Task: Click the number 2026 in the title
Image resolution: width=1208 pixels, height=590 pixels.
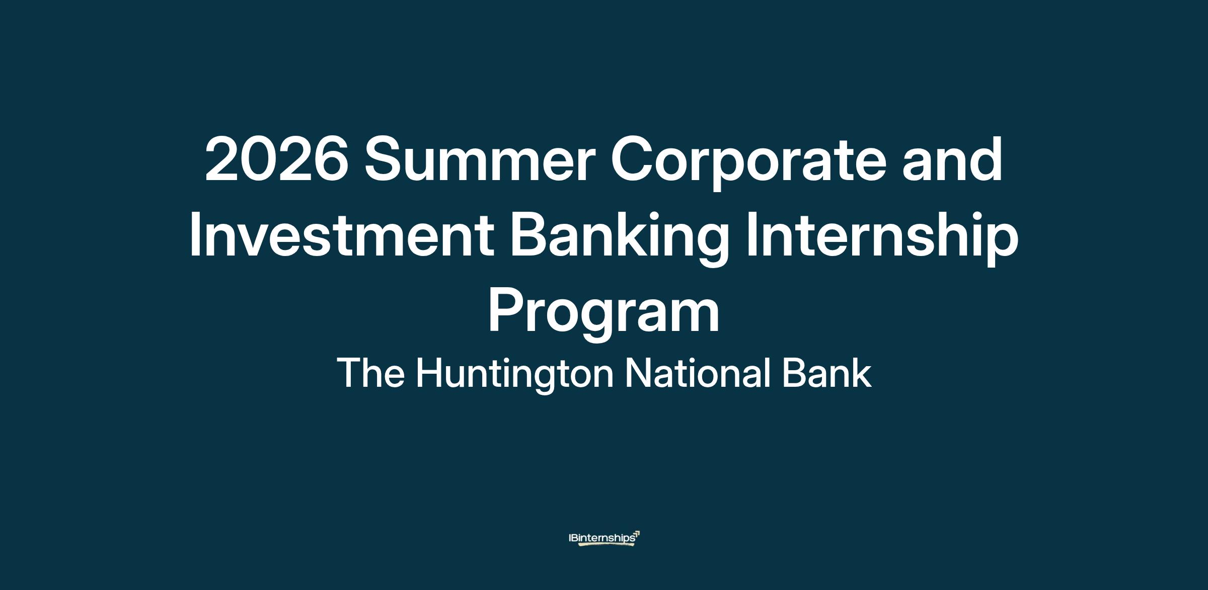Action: [x=277, y=159]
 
